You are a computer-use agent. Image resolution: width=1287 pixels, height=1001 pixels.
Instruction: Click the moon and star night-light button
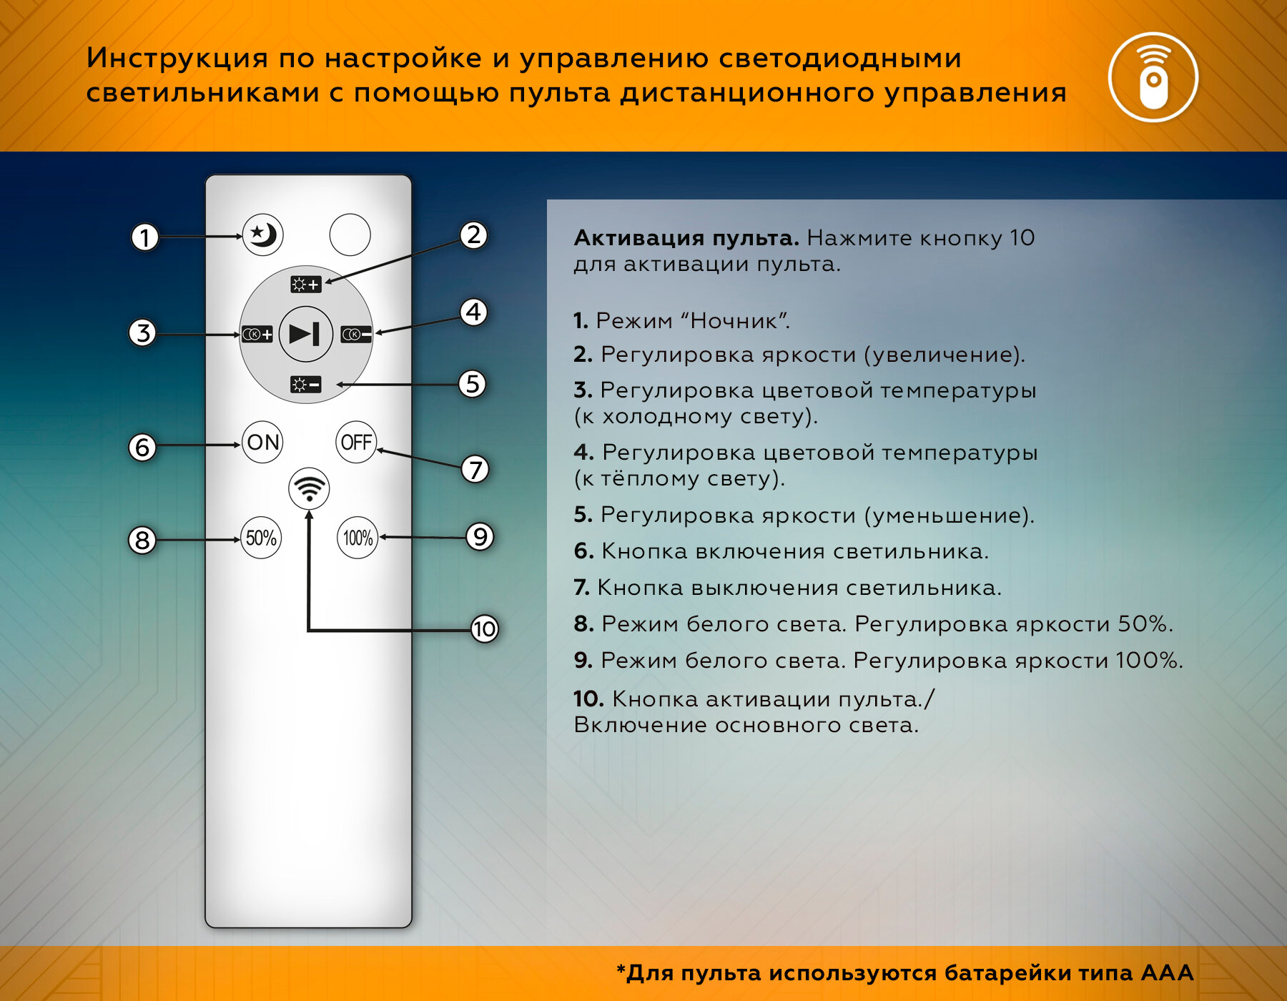point(262,235)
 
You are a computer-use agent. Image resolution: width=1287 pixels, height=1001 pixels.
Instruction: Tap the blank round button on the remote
point(350,235)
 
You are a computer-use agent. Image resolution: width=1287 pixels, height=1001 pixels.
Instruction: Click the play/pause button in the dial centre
point(305,333)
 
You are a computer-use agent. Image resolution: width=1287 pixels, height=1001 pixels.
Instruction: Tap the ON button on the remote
point(262,442)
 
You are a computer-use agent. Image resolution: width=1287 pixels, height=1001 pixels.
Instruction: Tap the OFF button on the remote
point(356,442)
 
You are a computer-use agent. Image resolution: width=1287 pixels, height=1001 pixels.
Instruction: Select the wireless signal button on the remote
point(309,489)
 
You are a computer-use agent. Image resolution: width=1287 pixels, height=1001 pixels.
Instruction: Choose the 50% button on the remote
point(261,538)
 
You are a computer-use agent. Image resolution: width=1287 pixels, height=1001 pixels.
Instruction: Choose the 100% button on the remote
point(357,538)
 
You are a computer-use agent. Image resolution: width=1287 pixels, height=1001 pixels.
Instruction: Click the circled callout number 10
point(484,628)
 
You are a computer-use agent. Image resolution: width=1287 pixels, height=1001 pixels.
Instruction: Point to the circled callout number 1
point(144,237)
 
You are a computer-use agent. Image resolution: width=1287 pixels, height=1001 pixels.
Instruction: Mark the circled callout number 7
point(475,470)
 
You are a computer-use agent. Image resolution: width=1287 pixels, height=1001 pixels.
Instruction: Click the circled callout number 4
point(473,312)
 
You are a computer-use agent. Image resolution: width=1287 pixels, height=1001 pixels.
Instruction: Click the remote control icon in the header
point(1153,77)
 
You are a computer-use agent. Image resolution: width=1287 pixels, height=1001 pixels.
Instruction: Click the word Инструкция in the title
point(177,58)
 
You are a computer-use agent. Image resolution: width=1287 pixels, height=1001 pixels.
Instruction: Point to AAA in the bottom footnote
point(1167,972)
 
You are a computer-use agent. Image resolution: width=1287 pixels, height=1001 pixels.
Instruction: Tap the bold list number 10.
point(588,699)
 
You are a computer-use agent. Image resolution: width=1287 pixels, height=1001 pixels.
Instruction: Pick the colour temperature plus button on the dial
point(257,334)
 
